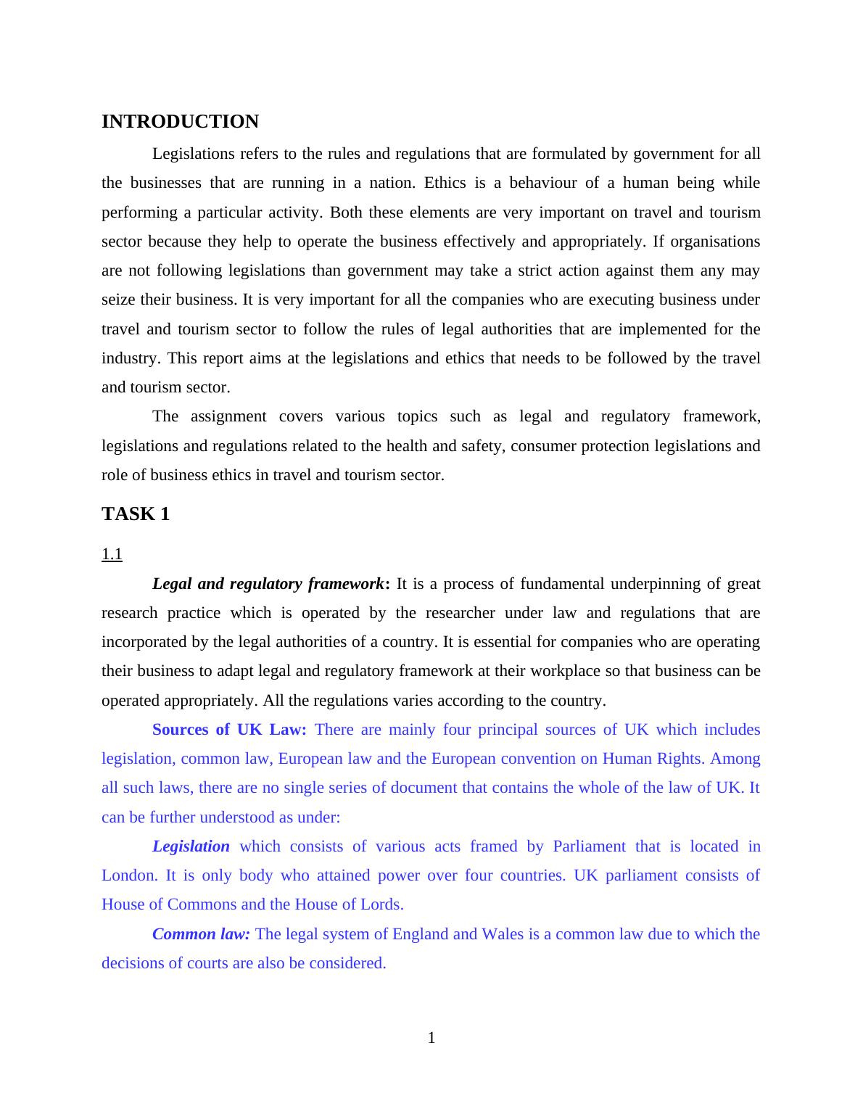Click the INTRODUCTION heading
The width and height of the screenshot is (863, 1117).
(180, 122)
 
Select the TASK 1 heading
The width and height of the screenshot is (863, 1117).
(136, 514)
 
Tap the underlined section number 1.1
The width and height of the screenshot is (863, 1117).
(112, 555)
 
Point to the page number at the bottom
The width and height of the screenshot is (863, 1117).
(431, 1038)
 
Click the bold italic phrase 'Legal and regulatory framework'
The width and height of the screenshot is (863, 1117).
(268, 584)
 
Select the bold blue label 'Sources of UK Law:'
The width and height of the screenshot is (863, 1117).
(229, 730)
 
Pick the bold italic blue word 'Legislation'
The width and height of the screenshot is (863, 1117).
(191, 846)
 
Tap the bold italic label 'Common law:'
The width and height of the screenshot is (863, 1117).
(201, 934)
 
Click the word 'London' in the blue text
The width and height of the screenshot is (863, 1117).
(128, 875)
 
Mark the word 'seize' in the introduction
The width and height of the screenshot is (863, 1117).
(118, 300)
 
